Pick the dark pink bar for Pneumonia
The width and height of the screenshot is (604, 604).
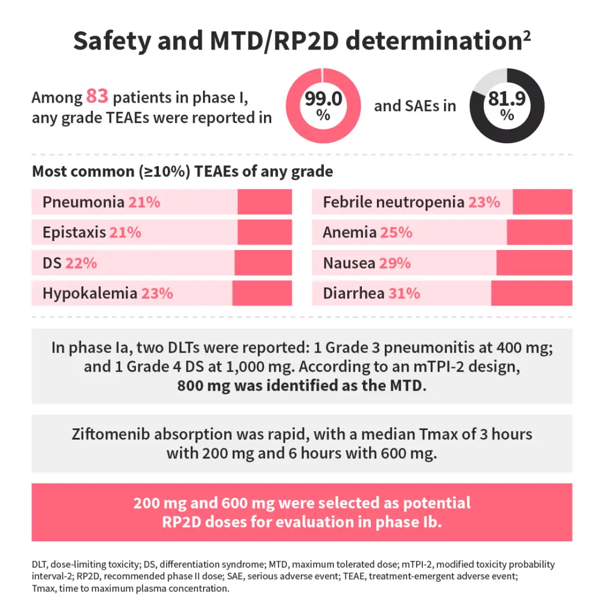(265, 202)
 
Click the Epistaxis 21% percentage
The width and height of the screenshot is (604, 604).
(125, 233)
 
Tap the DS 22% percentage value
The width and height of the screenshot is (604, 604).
(82, 263)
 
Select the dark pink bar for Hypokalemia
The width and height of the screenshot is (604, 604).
(262, 294)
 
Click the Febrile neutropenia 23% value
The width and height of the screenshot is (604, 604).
(484, 202)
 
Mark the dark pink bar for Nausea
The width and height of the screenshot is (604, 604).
(534, 263)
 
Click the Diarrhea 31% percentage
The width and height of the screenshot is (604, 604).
(404, 294)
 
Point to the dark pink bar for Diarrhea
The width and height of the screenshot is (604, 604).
(532, 294)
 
